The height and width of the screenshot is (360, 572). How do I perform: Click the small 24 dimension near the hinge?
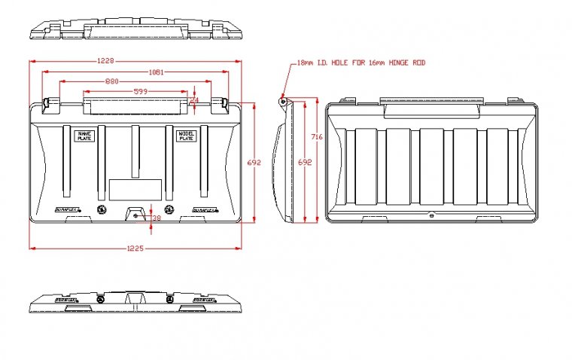click(x=194, y=99)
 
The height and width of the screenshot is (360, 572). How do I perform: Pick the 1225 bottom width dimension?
click(x=136, y=247)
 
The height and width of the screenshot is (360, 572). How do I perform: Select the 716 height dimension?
click(x=317, y=137)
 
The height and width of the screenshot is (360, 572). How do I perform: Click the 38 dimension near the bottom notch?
click(x=156, y=218)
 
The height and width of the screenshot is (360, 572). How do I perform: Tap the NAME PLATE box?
click(x=84, y=136)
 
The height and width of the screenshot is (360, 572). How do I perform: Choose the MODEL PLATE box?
click(x=185, y=136)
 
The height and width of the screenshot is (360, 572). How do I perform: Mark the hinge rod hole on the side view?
click(x=283, y=100)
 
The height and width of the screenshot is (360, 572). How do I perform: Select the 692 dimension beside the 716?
click(x=304, y=163)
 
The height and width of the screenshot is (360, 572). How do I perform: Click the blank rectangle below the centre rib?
click(x=135, y=189)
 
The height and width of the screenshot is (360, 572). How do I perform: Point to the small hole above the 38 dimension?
click(x=135, y=216)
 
